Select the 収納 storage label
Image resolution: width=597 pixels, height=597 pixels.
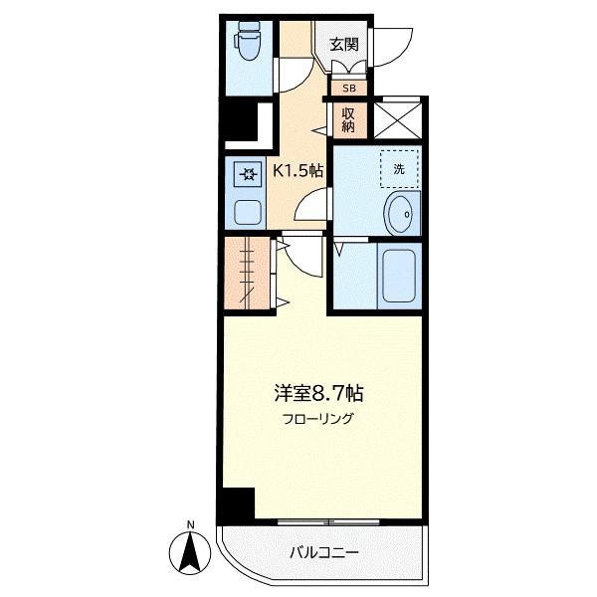click(x=348, y=119)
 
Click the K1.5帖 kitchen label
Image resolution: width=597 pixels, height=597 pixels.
click(x=298, y=170)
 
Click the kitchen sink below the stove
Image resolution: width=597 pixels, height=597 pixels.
click(x=246, y=210)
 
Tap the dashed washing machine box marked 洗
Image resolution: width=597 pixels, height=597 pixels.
click(x=398, y=168)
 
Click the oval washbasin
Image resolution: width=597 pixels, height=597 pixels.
click(x=401, y=214)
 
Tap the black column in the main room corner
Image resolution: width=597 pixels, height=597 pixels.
click(x=237, y=505)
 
